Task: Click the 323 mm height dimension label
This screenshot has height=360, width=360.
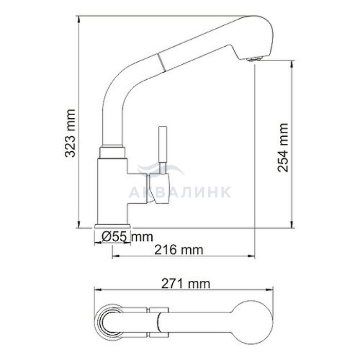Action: pyautogui.click(x=70, y=133)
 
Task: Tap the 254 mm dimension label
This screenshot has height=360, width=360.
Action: pyautogui.click(x=282, y=148)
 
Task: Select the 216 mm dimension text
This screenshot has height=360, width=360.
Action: pyautogui.click(x=178, y=250)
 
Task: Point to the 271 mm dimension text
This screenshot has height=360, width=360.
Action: pyautogui.click(x=186, y=284)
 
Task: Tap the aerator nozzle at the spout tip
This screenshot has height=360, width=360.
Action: pyautogui.click(x=254, y=59)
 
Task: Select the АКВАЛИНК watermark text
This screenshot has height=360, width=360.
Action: pyautogui.click(x=180, y=192)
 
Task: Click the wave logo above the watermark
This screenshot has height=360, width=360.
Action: pyautogui.click(x=160, y=169)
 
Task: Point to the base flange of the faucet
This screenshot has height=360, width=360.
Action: pyautogui.click(x=112, y=226)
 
